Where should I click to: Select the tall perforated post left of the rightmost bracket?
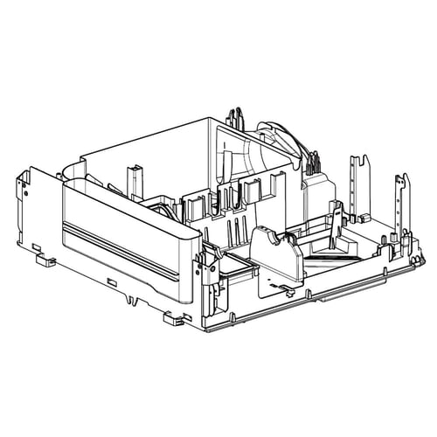coord(354,188)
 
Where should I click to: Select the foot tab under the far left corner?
coord(39,258)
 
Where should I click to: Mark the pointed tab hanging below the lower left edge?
coord(131,300)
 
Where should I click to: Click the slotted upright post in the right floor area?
coord(334,218)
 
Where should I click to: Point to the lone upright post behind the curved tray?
coord(133,179)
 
